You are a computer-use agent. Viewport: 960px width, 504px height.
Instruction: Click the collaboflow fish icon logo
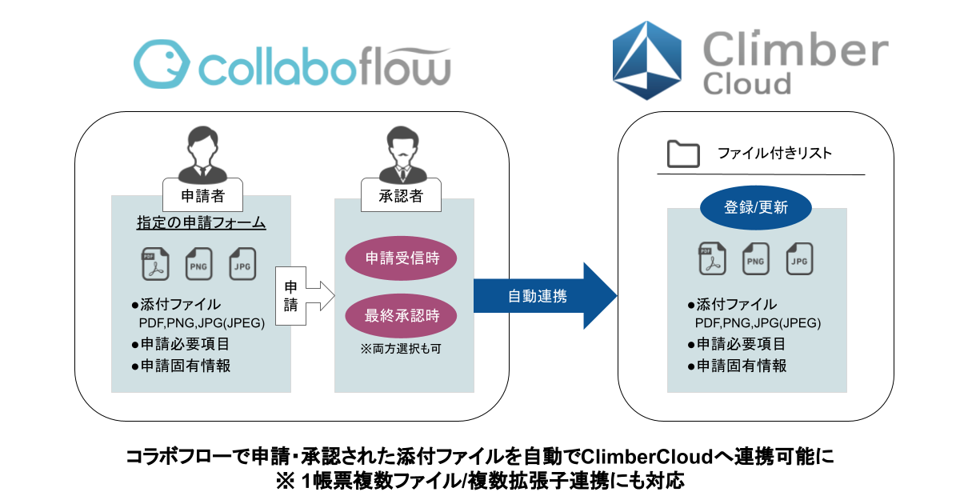[x=160, y=65]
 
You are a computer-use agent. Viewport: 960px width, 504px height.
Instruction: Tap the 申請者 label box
[x=201, y=194]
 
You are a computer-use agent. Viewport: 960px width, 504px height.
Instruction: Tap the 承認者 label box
[x=400, y=194]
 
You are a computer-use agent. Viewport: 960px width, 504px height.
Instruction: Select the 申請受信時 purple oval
[x=400, y=258]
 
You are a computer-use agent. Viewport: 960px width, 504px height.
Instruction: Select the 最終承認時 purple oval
[x=400, y=315]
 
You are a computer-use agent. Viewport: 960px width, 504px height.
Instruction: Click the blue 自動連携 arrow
[x=544, y=296]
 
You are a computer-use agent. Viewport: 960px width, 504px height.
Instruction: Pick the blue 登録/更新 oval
[x=756, y=208]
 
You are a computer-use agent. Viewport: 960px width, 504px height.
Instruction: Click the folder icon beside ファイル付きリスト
[x=683, y=154]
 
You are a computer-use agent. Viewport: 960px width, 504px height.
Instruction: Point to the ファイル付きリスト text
[x=774, y=154]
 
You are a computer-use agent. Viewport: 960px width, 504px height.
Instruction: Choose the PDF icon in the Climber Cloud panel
[x=712, y=258]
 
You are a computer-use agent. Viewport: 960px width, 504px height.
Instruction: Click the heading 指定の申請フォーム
[x=201, y=223]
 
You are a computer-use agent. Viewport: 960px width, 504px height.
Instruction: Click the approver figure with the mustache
[x=400, y=156]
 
